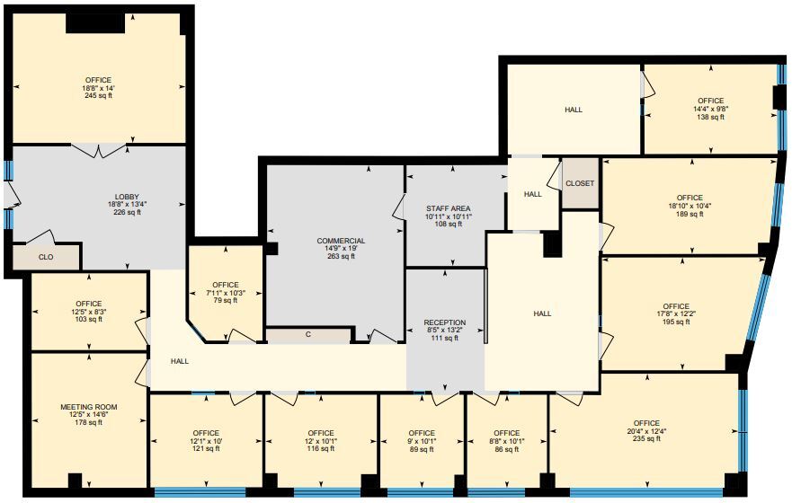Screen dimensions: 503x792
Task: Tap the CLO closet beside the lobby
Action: click(x=46, y=256)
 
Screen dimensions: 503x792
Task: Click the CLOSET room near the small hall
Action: click(x=580, y=183)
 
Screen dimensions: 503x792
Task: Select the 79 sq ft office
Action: click(x=226, y=292)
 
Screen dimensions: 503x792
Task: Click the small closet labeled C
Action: click(x=307, y=335)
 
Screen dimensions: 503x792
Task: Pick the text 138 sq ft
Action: click(x=710, y=118)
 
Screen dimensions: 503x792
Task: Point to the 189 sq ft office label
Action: click(x=690, y=206)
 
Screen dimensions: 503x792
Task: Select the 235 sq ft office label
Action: click(x=646, y=431)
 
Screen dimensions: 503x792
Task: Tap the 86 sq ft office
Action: click(x=506, y=441)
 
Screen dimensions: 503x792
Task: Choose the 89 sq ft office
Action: click(x=422, y=441)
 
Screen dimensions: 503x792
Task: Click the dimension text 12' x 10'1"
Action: click(x=321, y=441)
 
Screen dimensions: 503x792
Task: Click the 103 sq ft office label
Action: click(x=89, y=311)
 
